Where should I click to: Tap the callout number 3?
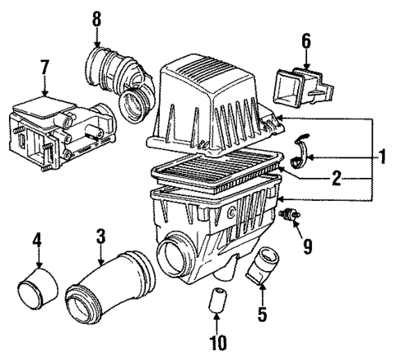click(x=100, y=238)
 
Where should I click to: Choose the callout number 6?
click(x=306, y=38)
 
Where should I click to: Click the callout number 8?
click(x=96, y=17)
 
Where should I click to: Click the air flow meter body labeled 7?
click(x=54, y=122)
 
